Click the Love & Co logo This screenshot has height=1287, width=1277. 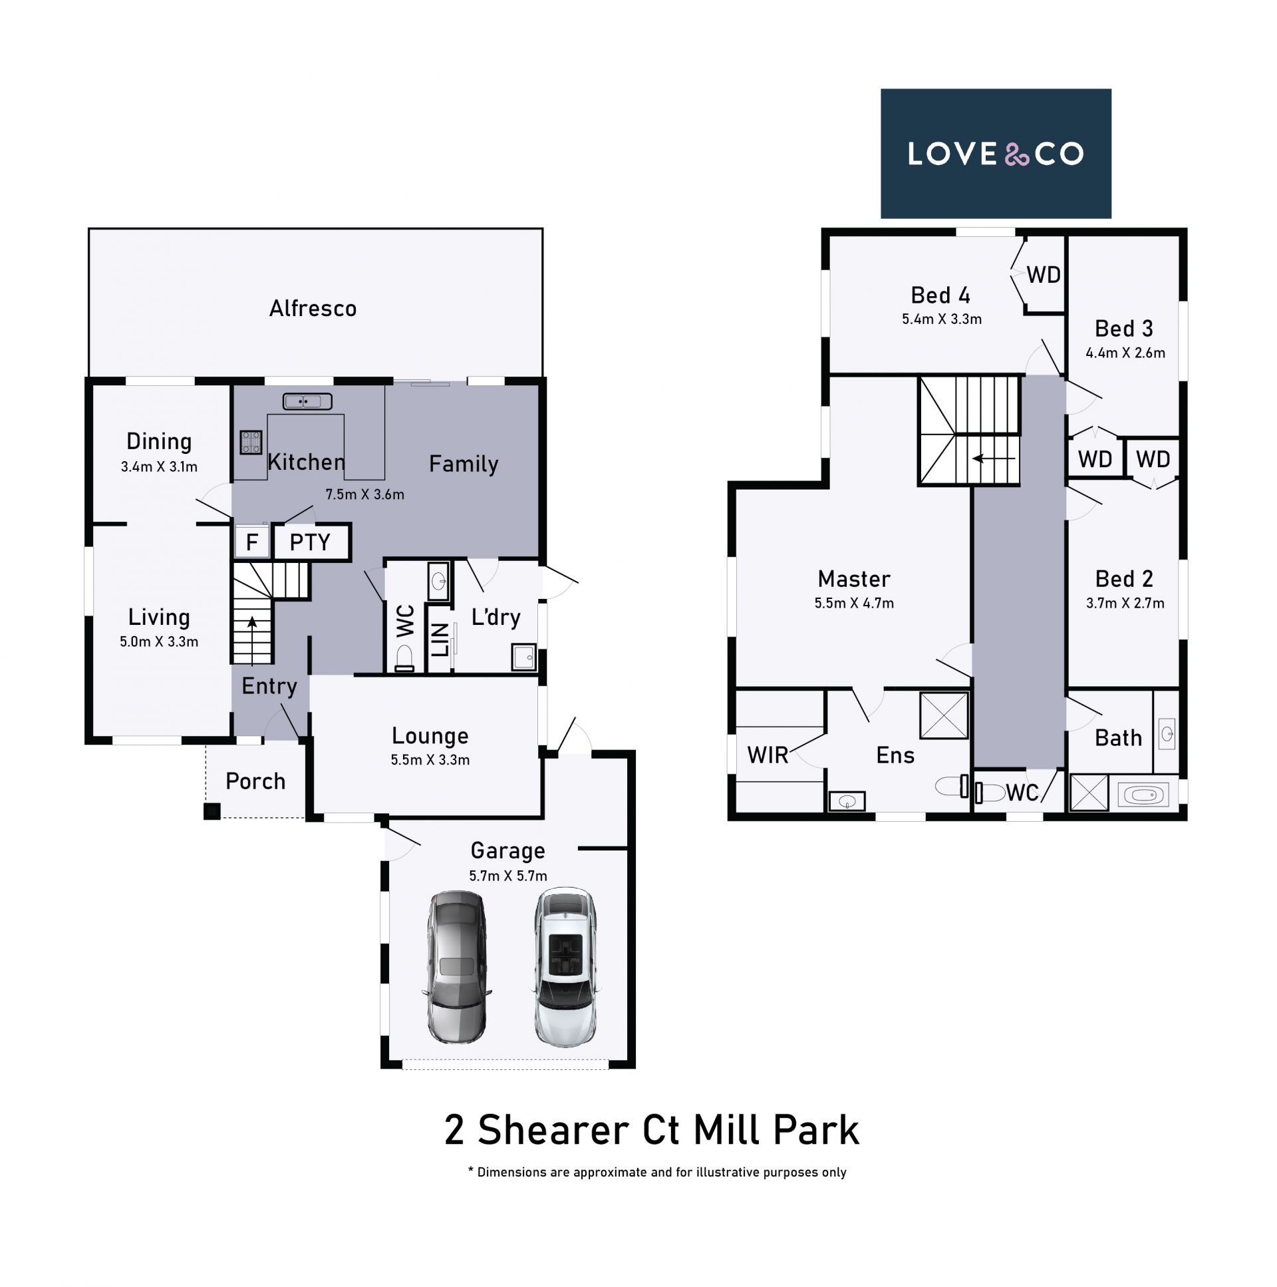996,153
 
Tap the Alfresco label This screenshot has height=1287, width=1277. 313,308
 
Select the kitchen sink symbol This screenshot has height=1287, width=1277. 307,401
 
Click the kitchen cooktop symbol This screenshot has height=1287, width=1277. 250,442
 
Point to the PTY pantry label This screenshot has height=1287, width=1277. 310,542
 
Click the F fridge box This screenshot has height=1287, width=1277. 251,542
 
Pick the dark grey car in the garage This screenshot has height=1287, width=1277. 457,967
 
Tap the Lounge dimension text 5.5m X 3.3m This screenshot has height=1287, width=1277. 430,759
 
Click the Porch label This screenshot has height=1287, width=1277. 255,781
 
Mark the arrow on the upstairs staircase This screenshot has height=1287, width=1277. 994,459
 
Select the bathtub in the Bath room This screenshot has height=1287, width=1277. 1143,795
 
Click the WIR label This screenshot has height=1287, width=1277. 768,755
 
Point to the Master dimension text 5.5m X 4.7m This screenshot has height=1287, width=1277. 854,603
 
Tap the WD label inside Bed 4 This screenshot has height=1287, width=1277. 1044,274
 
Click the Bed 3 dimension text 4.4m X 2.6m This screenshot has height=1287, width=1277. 1125,353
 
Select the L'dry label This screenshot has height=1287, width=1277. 496,618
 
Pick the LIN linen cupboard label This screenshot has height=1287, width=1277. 440,640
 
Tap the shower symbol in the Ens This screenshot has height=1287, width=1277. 943,715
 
